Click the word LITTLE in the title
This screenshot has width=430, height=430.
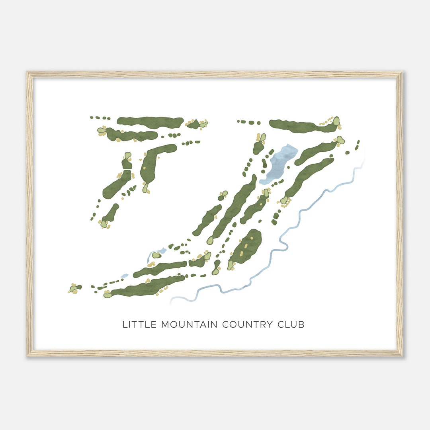point(140,324)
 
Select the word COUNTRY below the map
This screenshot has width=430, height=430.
point(247,324)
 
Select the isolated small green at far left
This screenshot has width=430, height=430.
point(74,288)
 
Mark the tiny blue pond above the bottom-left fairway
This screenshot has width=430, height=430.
point(124,276)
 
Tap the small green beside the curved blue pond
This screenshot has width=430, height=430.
point(156,255)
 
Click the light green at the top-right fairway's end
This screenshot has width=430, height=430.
point(336,121)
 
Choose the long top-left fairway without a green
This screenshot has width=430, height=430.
point(150,122)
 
